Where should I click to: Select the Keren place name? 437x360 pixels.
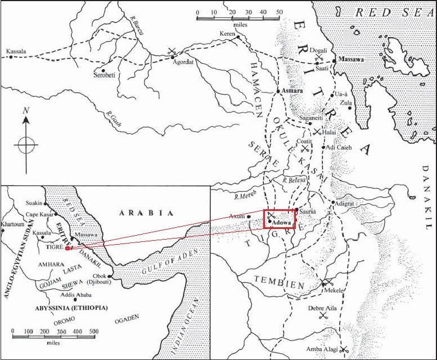click(x=227, y=33)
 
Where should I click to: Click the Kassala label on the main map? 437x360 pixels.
click(x=17, y=51)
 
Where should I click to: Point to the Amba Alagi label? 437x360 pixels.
click(x=322, y=349)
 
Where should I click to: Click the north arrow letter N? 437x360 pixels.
click(x=25, y=111)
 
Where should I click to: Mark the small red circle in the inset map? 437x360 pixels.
click(x=67, y=247)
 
